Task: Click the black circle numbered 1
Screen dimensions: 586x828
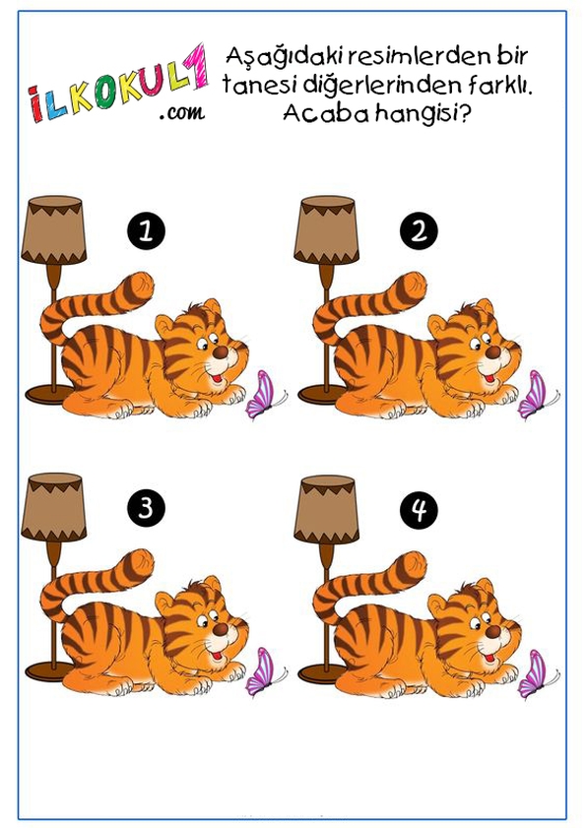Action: pyautogui.click(x=147, y=231)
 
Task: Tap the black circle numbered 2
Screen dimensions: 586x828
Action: pyautogui.click(x=419, y=231)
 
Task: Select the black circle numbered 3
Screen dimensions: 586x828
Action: pyautogui.click(x=147, y=508)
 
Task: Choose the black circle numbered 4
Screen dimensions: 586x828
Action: pyautogui.click(x=419, y=510)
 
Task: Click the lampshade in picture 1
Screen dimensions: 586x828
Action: pyautogui.click(x=54, y=229)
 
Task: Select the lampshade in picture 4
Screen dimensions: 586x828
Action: pyautogui.click(x=327, y=509)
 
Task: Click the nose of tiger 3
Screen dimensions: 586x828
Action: pyautogui.click(x=221, y=629)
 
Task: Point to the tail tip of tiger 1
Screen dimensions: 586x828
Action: pyautogui.click(x=143, y=286)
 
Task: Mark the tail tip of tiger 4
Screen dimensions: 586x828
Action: pyautogui.click(x=416, y=565)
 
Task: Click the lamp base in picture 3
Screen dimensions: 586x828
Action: pyautogui.click(x=47, y=670)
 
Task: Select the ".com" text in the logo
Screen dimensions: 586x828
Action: pyautogui.click(x=182, y=112)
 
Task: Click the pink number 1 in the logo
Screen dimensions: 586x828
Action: pyautogui.click(x=196, y=66)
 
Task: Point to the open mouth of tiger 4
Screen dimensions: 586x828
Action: pyautogui.click(x=489, y=658)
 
